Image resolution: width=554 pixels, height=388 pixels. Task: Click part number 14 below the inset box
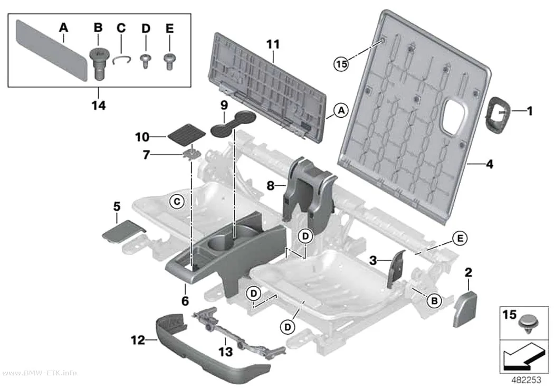point(99,105)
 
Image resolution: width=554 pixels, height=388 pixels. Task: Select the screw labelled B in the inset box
point(98,63)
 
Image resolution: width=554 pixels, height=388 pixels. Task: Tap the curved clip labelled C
point(122,60)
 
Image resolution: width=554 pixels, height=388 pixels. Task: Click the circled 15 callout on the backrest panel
point(341,64)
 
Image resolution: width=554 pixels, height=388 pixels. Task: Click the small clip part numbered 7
point(192,154)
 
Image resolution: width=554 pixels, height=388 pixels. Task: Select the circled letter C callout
point(177,202)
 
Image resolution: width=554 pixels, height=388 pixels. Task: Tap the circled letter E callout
point(460,239)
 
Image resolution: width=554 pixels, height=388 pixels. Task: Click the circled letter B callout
point(434,301)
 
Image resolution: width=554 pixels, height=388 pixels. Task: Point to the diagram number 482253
point(526,380)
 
